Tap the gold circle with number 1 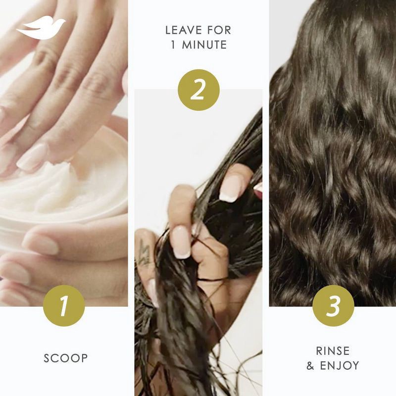point(64,306)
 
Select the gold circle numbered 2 point(199,90)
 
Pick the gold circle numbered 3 point(333,306)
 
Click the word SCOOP point(66,358)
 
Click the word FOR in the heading point(219,30)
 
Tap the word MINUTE point(204,45)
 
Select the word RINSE point(333,351)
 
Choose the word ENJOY point(340,365)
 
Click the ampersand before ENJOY point(310,366)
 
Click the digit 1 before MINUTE point(173,45)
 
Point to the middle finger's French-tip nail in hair point(181,242)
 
